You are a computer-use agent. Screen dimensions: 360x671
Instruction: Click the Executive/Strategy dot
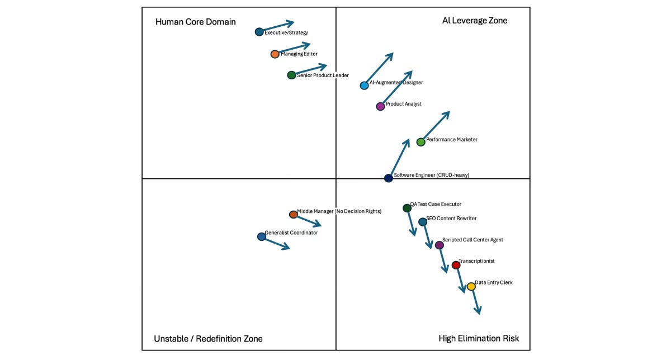click(x=259, y=32)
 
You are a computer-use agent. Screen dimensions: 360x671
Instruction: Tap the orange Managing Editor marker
click(x=275, y=54)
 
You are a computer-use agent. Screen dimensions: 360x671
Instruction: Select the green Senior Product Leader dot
click(x=291, y=75)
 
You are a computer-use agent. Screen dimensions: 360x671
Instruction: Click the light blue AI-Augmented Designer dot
click(x=364, y=86)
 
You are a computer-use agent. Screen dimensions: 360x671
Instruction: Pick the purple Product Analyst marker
click(x=380, y=106)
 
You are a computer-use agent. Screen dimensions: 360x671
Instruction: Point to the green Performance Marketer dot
click(x=421, y=142)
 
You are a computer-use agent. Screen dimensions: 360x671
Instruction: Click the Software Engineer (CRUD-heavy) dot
click(x=389, y=178)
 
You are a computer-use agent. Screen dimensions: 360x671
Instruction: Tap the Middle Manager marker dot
click(x=293, y=215)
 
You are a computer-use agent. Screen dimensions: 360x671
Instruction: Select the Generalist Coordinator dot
click(x=261, y=236)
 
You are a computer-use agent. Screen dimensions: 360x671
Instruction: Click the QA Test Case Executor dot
click(x=407, y=209)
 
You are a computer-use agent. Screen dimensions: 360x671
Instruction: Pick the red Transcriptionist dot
click(x=456, y=265)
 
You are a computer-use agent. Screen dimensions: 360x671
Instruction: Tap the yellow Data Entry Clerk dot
click(x=471, y=286)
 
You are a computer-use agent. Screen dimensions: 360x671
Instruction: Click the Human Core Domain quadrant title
click(x=196, y=22)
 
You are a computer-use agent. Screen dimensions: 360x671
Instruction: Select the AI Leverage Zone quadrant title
click(x=475, y=21)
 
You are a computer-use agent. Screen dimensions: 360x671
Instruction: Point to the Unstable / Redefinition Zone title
click(x=208, y=339)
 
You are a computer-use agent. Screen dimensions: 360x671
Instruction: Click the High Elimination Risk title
click(x=479, y=338)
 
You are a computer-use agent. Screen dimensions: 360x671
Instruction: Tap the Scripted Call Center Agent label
click(x=472, y=240)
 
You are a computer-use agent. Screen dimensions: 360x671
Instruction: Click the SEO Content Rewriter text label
click(x=451, y=219)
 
